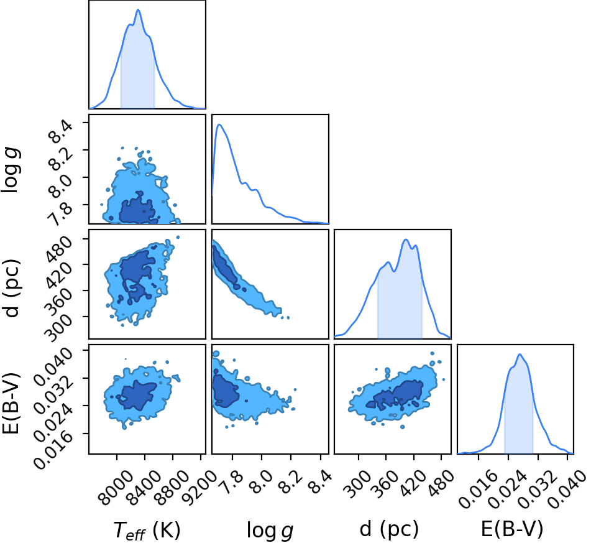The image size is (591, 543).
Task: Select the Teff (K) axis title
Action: coord(147,531)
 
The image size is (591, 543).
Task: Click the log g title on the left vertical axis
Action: coord(11,171)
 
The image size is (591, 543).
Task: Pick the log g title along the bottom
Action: coord(270,531)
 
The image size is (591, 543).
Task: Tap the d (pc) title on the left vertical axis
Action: coord(11,288)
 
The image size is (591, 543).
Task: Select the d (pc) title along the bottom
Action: coord(389,529)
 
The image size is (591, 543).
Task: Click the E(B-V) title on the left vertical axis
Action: coord(11,402)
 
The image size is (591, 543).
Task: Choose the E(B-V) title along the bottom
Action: coord(512,529)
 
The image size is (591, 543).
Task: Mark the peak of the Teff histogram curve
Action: coord(138,10)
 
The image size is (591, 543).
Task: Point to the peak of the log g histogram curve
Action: coord(219,124)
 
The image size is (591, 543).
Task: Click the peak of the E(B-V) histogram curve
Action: coord(520,355)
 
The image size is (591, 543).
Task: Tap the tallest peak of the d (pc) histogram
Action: coord(406,239)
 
